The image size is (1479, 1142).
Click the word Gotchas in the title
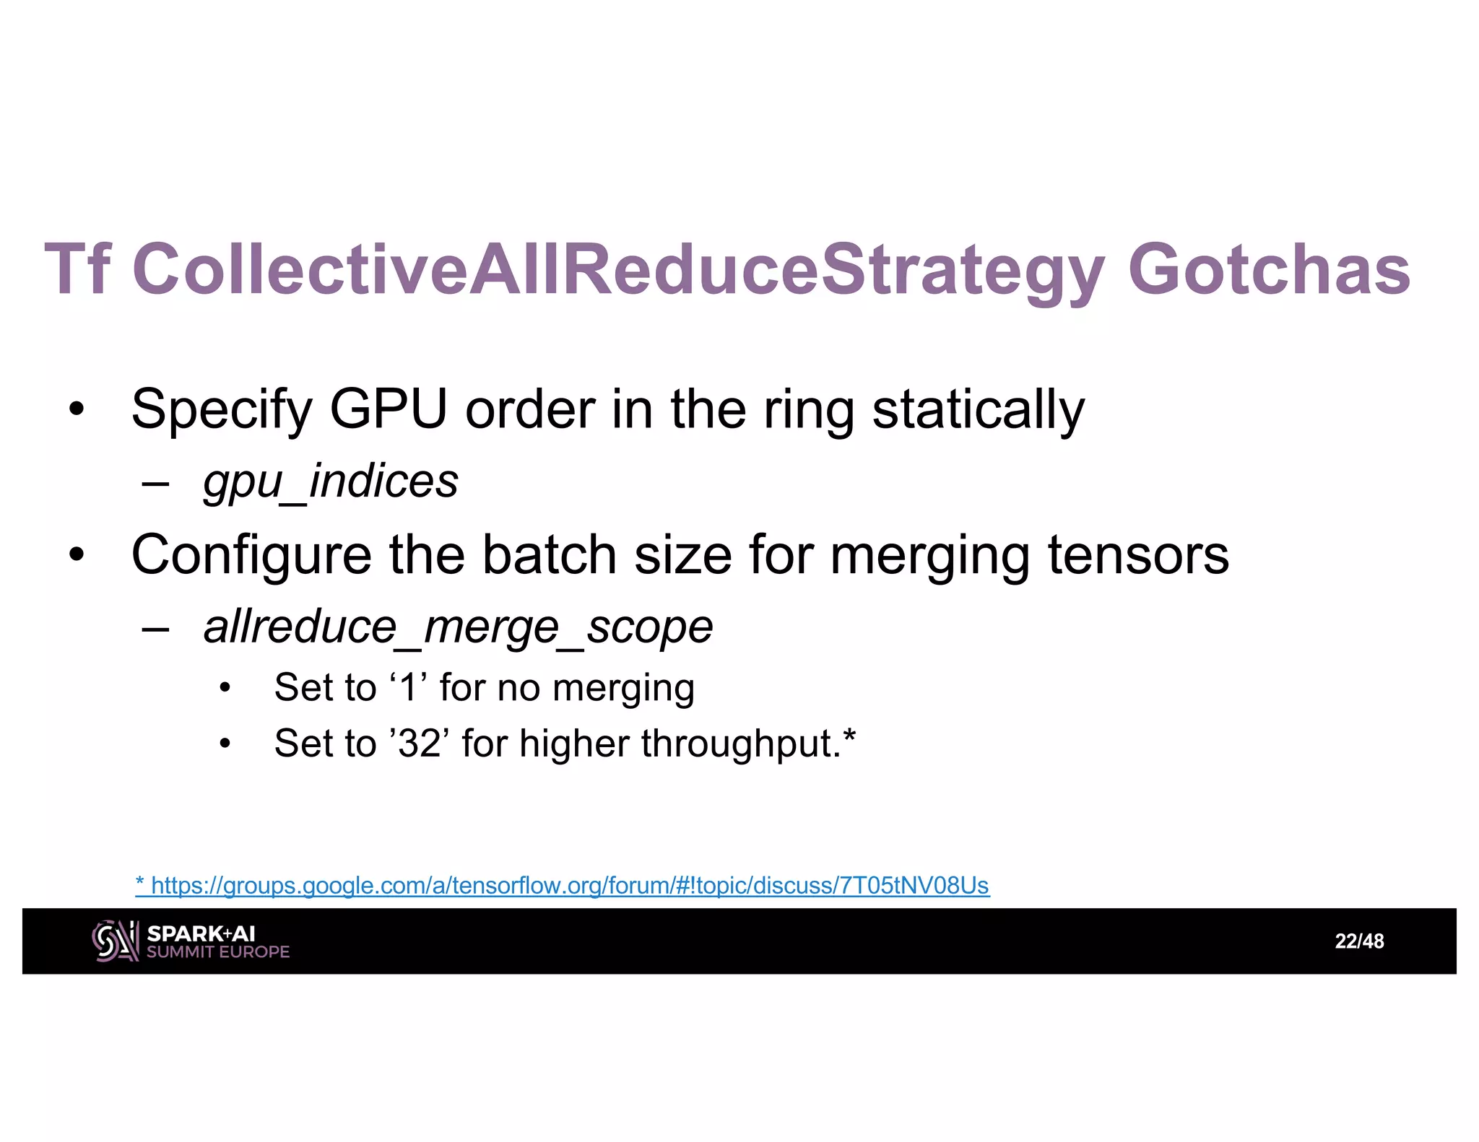1268,269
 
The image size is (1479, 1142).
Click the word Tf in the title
77,269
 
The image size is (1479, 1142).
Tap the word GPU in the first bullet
388,409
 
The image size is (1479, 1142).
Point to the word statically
978,410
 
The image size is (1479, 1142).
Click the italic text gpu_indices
331,481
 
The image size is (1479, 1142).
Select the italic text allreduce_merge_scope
458,627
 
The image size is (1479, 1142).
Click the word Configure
251,555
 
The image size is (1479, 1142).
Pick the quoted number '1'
409,686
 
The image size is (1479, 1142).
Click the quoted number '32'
420,743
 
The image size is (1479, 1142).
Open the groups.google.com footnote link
563,885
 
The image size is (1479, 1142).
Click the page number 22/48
1359,941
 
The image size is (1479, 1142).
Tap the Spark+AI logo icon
115,941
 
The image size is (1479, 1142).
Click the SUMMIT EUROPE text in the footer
217,952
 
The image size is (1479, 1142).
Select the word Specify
221,410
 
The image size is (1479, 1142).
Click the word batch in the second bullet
549,554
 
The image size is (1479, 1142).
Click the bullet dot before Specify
77,410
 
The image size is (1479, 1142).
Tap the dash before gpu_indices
156,482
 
